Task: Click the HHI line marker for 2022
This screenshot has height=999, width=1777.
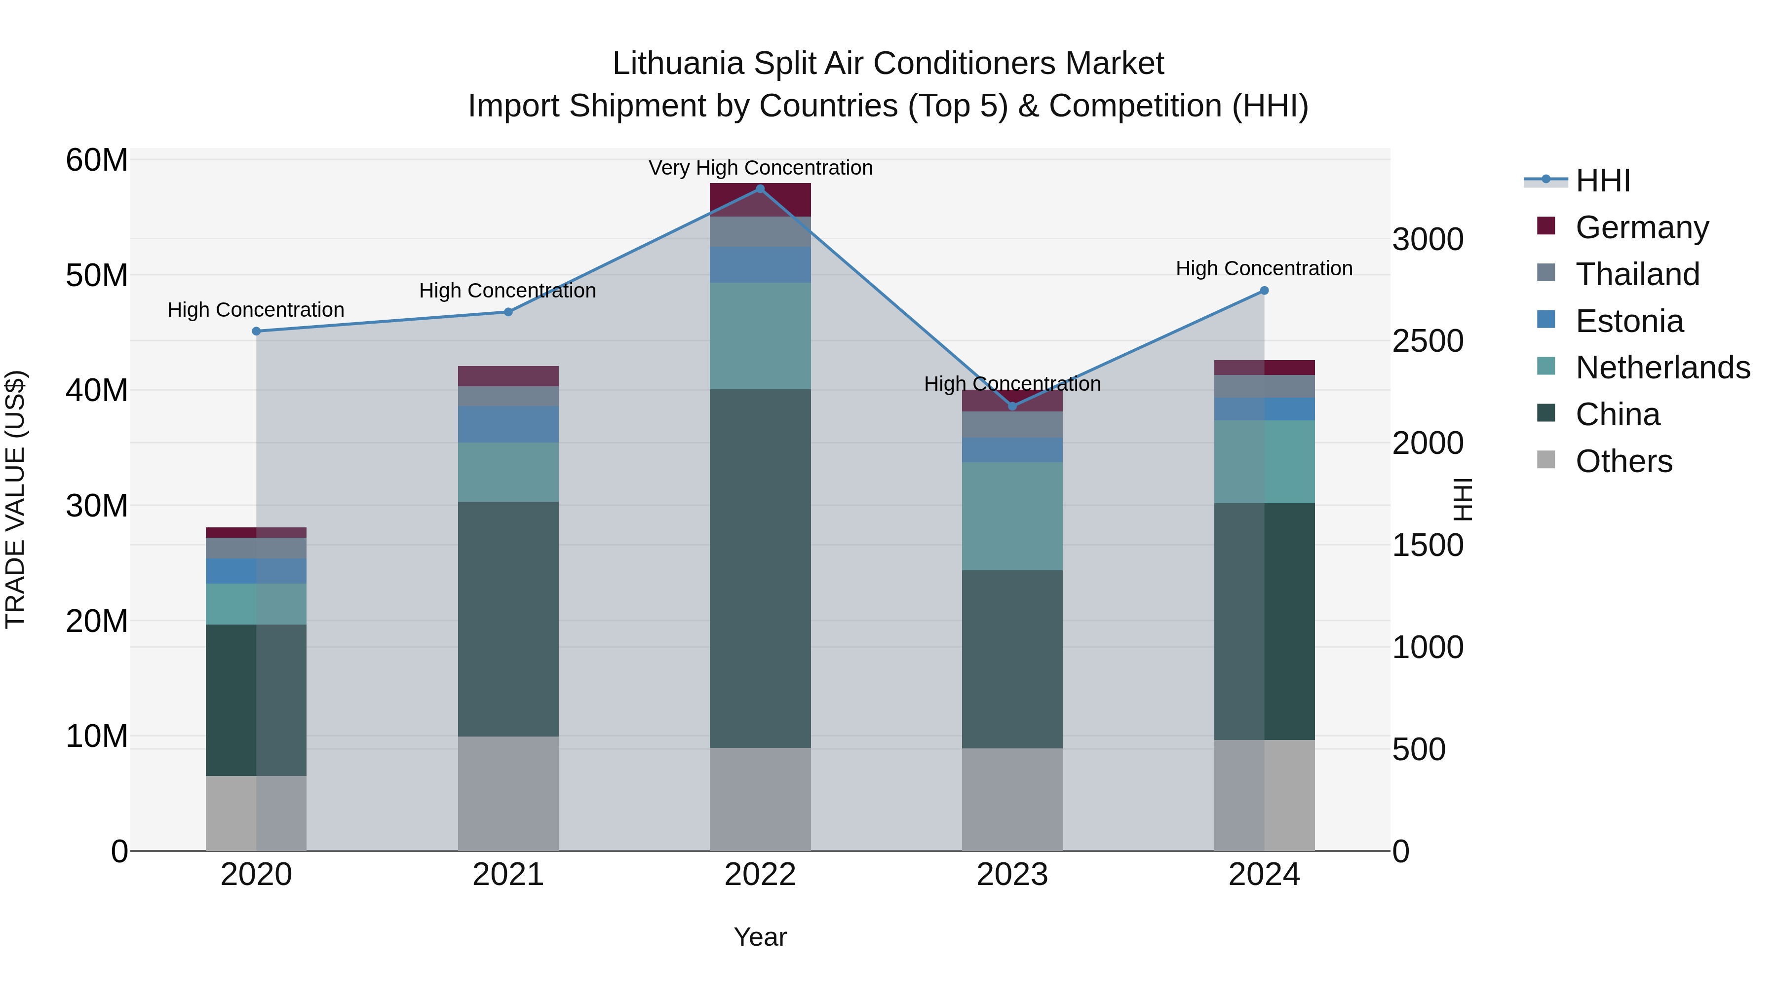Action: [x=760, y=189]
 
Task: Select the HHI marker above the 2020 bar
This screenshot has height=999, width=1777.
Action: [x=256, y=331]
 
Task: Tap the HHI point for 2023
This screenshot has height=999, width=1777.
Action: [x=1012, y=406]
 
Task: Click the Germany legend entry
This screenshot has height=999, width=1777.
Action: [x=1642, y=227]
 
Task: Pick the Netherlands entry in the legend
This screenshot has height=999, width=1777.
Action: [x=1662, y=368]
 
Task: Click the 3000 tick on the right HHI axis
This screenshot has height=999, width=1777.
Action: [x=1427, y=239]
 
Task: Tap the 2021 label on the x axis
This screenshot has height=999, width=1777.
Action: [x=508, y=875]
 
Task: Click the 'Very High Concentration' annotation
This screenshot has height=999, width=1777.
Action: [x=760, y=168]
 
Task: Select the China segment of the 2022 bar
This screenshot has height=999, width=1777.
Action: [x=760, y=568]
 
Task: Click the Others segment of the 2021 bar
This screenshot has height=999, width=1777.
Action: [x=508, y=793]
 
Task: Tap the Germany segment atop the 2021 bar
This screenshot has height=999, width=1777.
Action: [x=508, y=376]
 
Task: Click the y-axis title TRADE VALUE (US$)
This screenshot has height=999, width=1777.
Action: [x=15, y=499]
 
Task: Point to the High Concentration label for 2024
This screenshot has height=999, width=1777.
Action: [x=1264, y=268]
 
